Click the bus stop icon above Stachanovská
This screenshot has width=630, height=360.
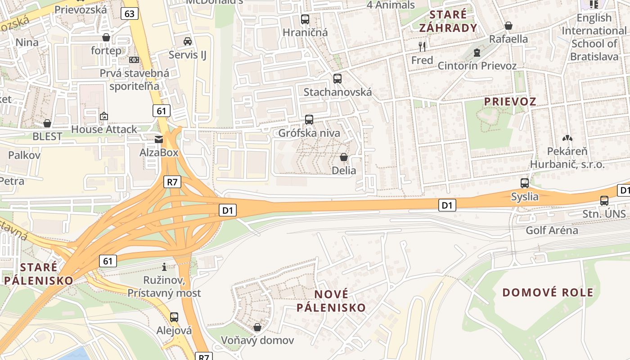click(337, 79)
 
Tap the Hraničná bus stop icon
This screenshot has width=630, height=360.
click(305, 19)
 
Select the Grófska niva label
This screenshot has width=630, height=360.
click(309, 133)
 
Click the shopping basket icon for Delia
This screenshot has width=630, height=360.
click(344, 157)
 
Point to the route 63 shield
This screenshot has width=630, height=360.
click(129, 13)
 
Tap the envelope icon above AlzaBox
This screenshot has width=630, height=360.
click(159, 139)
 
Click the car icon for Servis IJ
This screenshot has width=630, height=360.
click(188, 41)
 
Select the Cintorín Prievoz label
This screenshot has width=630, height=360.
click(477, 66)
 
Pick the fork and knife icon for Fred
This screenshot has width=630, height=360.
click(422, 46)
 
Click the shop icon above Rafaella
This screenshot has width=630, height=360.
click(508, 26)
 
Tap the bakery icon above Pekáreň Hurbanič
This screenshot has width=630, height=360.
click(567, 138)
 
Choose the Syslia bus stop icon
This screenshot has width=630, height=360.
click(525, 183)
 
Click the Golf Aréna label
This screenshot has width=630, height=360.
click(552, 230)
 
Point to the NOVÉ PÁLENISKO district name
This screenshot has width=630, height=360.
click(337, 301)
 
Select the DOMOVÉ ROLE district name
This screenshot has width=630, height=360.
click(548, 292)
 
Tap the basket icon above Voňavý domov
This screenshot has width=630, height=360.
click(257, 327)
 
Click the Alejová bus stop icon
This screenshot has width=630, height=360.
click(174, 317)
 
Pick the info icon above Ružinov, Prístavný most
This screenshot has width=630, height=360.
click(164, 267)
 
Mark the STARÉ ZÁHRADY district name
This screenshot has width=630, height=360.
click(448, 21)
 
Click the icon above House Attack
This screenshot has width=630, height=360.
click(104, 117)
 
